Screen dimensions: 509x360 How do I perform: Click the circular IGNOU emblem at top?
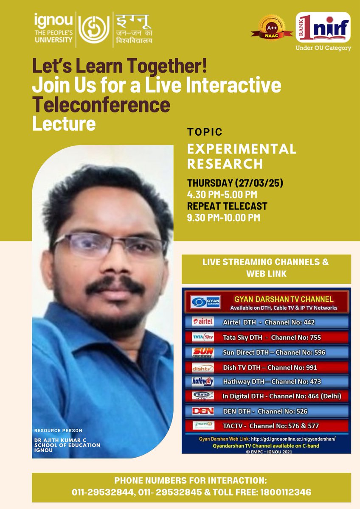tap(92, 29)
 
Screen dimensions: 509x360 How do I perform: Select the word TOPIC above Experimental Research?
tap(205, 132)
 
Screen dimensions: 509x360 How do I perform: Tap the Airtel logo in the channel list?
tap(203, 322)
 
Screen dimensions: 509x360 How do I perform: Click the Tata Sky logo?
tap(203, 337)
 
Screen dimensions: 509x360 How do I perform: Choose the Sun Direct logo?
tap(203, 352)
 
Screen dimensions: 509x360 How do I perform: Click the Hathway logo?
tap(203, 381)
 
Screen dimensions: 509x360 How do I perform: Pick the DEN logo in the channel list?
tap(203, 411)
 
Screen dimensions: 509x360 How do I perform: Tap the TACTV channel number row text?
tap(271, 425)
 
